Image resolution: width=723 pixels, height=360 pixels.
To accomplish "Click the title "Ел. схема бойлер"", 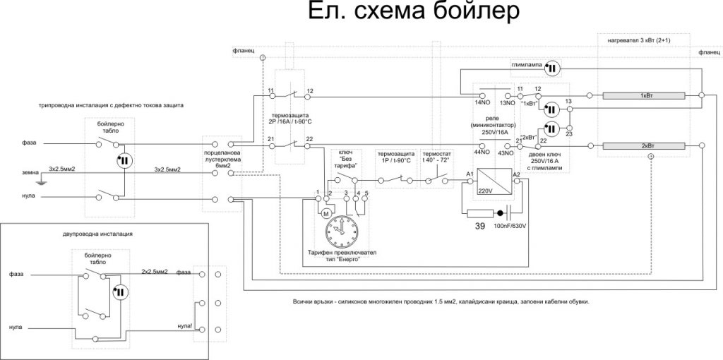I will tap(414, 14).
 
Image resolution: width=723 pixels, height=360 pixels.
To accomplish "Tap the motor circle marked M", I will tap(326, 212).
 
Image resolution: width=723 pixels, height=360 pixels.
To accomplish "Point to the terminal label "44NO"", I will tap(482, 152).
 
